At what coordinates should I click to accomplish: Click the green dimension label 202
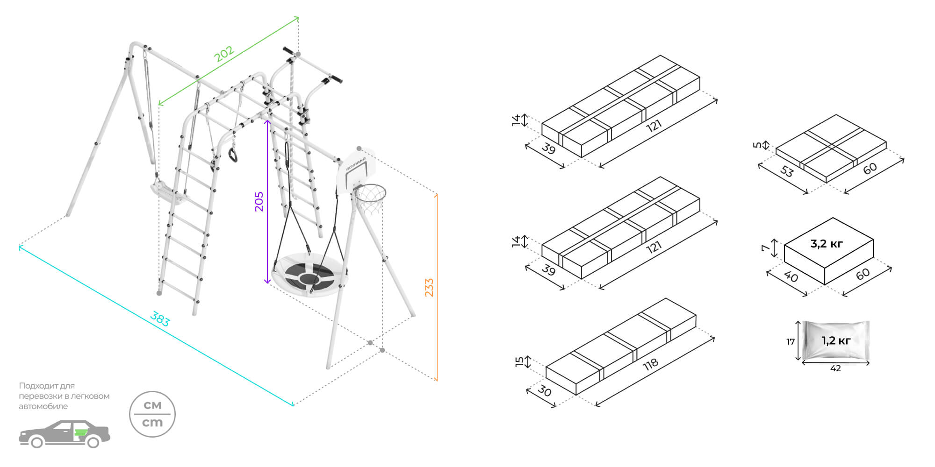(224, 54)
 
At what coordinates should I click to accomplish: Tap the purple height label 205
(259, 201)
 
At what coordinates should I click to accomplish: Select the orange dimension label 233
(429, 288)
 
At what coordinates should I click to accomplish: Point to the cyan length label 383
(160, 319)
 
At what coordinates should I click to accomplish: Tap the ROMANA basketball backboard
(356, 170)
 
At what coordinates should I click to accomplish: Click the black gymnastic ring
(233, 155)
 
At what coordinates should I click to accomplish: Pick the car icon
(64, 434)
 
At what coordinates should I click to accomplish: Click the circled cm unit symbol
(152, 414)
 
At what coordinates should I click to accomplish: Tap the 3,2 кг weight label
(827, 243)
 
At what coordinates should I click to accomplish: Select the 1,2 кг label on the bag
(836, 340)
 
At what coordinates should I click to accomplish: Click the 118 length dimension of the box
(650, 364)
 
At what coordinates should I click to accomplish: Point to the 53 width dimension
(787, 171)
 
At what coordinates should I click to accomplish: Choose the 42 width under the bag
(835, 368)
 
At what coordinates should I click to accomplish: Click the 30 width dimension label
(544, 390)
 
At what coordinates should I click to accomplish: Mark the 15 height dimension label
(519, 362)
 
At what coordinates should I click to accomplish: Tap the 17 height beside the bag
(790, 342)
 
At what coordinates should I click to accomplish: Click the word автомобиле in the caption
(43, 406)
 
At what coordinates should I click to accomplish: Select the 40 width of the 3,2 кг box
(791, 276)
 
